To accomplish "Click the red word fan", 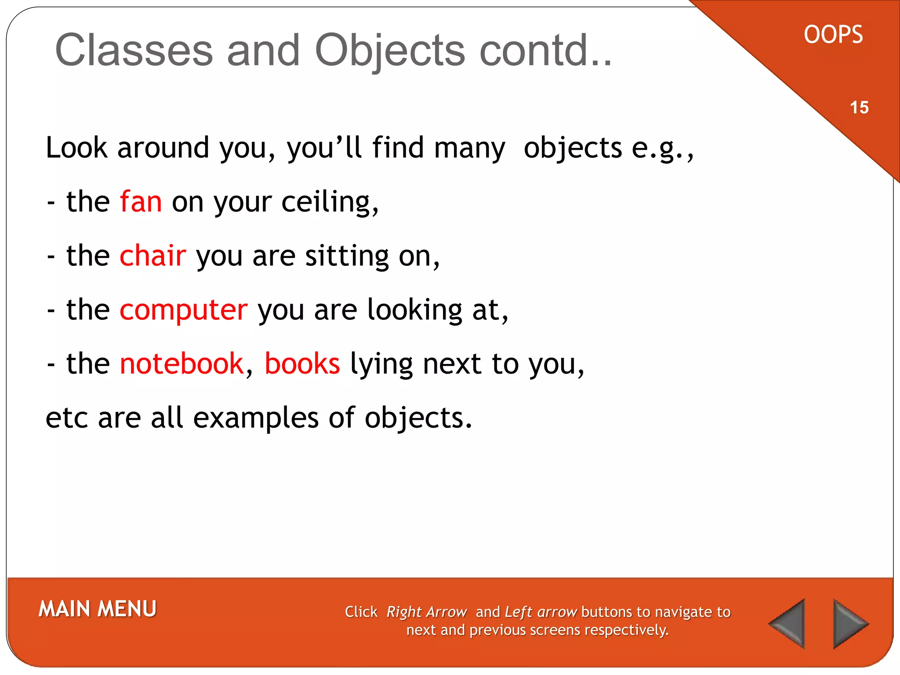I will pyautogui.click(x=141, y=202).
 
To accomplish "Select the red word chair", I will pyautogui.click(x=152, y=256).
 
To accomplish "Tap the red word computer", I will pyautogui.click(x=183, y=310).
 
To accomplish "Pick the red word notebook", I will pyautogui.click(x=181, y=364).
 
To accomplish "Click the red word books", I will pyautogui.click(x=302, y=364).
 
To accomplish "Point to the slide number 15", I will pyautogui.click(x=859, y=108).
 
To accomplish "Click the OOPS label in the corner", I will pyautogui.click(x=833, y=35).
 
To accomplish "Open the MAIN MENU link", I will pyautogui.click(x=98, y=609).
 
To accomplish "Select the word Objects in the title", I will pyautogui.click(x=389, y=51).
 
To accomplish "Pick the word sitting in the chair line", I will pyautogui.click(x=347, y=257).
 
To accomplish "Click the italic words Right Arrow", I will pyautogui.click(x=426, y=612).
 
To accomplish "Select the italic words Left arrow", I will pyautogui.click(x=541, y=612).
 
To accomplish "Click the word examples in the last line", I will pyautogui.click(x=256, y=418).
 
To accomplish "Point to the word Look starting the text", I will pyautogui.click(x=76, y=148).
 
